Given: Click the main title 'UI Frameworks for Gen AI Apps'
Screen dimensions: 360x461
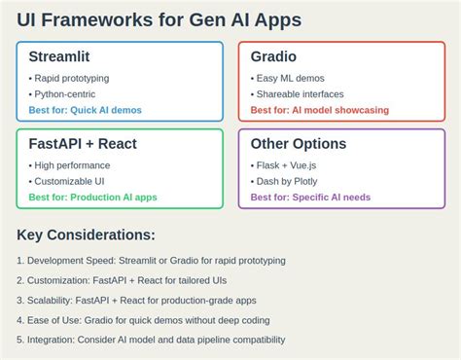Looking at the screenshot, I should [159, 19].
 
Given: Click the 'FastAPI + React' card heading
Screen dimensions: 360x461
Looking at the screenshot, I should [83, 144].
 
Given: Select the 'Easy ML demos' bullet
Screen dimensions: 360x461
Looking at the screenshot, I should [289, 78].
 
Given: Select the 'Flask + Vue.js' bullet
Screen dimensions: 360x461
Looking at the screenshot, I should [289, 165].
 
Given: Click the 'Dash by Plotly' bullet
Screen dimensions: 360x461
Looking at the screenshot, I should [289, 181].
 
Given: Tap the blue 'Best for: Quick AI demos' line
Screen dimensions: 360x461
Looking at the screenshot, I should [85, 110].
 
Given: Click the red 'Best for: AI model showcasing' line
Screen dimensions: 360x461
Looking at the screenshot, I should [319, 110].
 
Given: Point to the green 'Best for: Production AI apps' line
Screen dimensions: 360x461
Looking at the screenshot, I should [92, 197].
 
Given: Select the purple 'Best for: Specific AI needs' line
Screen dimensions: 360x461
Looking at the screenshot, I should [311, 197].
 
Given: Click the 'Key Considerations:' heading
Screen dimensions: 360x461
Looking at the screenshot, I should [86, 235].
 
